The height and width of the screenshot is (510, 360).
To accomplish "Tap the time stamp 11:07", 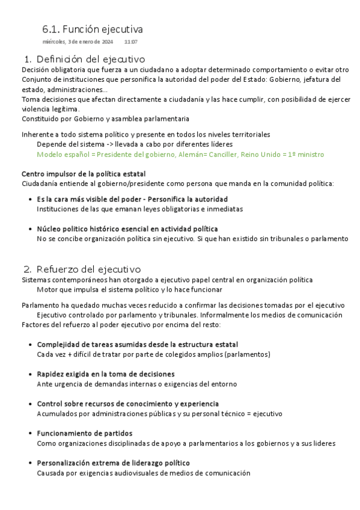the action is tap(131, 41).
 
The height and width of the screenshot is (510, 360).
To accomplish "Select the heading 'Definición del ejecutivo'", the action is tap(91, 59).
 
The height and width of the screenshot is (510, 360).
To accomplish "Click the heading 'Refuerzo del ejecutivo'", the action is tap(88, 269).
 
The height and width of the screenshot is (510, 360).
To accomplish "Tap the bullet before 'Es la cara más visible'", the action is tap(31, 199).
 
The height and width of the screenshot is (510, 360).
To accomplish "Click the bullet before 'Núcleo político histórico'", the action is tap(31, 229).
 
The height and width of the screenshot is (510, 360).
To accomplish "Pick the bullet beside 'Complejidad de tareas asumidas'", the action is tap(31, 345).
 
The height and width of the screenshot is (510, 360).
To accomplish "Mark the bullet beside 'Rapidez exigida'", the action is tap(31, 374).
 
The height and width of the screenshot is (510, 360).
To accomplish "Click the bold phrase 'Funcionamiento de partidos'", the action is tap(85, 433).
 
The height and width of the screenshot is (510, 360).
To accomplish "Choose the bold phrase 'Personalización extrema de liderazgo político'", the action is tap(114, 463).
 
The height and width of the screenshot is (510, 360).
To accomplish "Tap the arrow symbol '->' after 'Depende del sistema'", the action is tap(110, 144).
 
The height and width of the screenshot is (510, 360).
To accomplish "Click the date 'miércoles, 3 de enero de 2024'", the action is tap(78, 41).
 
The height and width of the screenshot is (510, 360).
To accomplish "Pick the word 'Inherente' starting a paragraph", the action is tap(38, 135).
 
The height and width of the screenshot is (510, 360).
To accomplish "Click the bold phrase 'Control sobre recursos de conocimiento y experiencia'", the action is tap(128, 404).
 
